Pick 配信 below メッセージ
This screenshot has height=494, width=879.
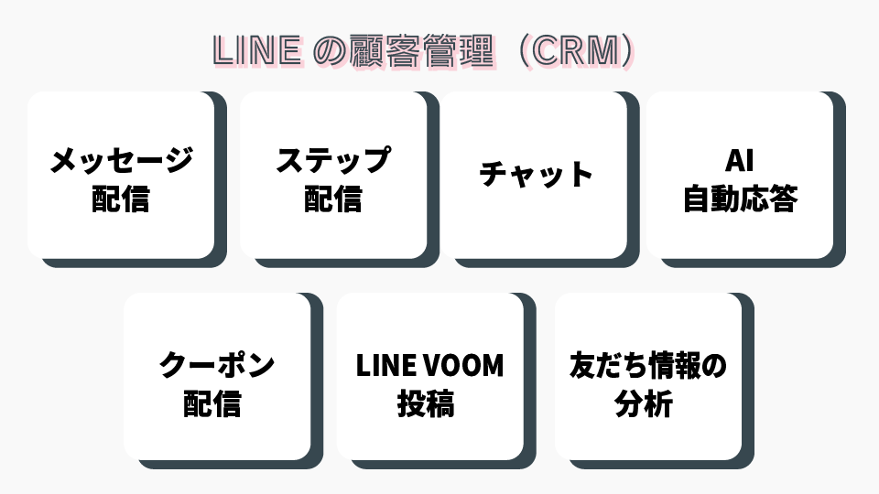point(121,199)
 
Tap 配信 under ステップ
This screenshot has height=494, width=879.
point(333,199)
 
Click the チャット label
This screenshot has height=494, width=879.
point(537,174)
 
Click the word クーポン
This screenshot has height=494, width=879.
point(217,365)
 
